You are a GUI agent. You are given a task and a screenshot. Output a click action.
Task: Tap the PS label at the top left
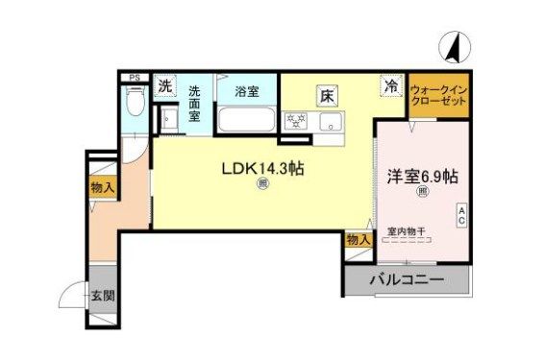coord(135,78)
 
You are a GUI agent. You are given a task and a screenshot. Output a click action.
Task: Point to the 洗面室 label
coord(194,103)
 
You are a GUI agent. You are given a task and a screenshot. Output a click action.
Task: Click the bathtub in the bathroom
coord(247,122)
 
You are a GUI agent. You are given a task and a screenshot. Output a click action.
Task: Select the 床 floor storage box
coord(327,96)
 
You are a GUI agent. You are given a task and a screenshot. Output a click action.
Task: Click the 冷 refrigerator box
coord(391,85)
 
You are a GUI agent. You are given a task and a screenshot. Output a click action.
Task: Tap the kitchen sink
coord(331,122)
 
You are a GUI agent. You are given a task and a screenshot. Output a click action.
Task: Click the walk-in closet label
coord(439,96)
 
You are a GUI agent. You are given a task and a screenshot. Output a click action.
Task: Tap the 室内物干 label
coord(408,231)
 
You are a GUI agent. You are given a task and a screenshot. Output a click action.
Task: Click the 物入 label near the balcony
coord(358,239)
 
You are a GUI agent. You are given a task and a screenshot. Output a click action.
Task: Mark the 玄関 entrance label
coord(103,296)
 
